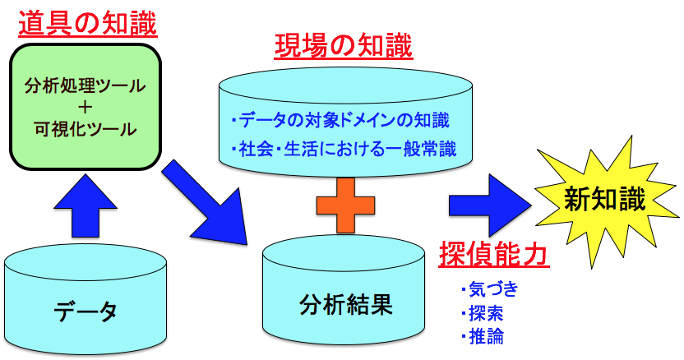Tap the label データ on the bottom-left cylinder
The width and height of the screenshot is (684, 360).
(x=85, y=311)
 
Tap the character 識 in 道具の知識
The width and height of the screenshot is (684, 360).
(x=141, y=21)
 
